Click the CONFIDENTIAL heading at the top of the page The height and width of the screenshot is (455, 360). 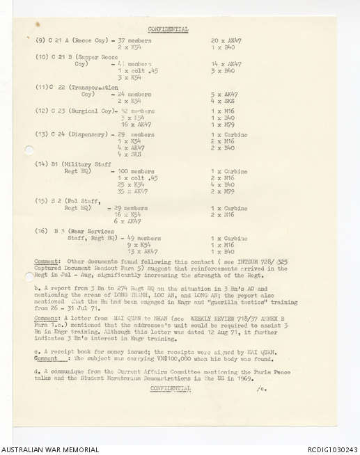168,29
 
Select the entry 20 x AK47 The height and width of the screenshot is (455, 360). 226,41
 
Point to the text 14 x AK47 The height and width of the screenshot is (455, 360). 226,64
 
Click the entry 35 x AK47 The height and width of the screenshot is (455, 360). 132,191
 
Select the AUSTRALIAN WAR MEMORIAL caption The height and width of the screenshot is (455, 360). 49,450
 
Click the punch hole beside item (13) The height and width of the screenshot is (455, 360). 29,150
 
